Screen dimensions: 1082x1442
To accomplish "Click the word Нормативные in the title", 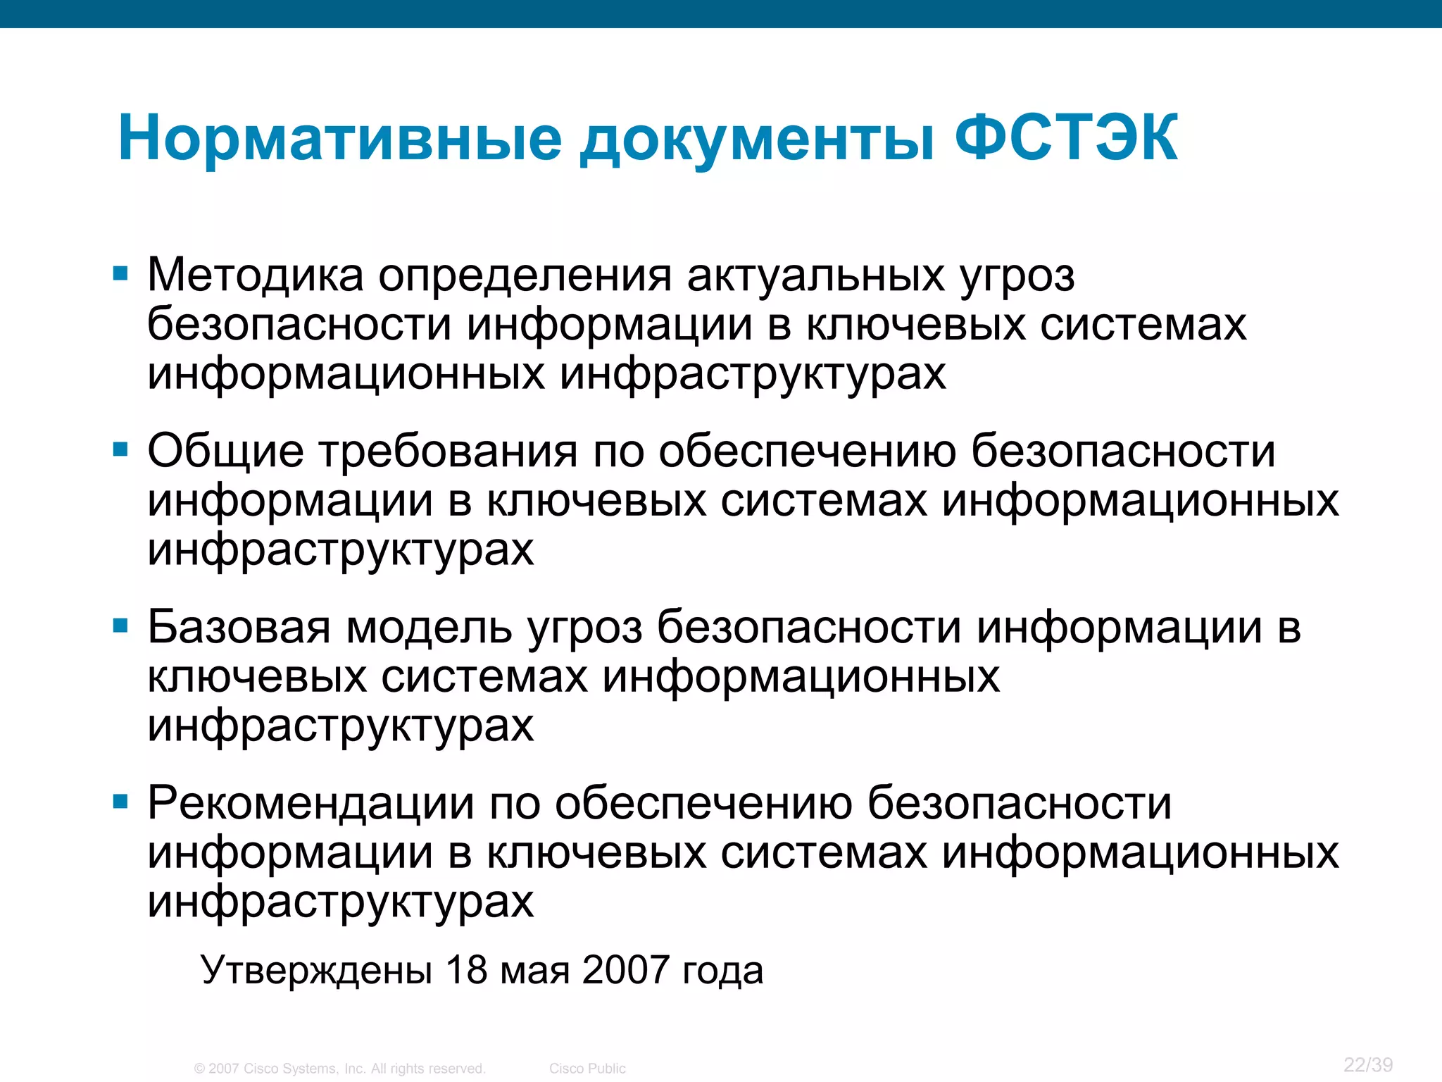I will (340, 138).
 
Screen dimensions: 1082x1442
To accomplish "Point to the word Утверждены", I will (316, 970).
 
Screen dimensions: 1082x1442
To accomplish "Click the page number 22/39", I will (1368, 1064).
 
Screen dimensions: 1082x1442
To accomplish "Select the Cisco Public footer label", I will (587, 1069).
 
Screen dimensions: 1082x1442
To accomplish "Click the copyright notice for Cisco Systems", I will (340, 1069).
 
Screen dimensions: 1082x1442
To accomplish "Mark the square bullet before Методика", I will (120, 273).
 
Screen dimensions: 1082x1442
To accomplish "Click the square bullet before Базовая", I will (120, 625).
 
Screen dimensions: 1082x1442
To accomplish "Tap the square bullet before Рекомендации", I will (120, 801).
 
